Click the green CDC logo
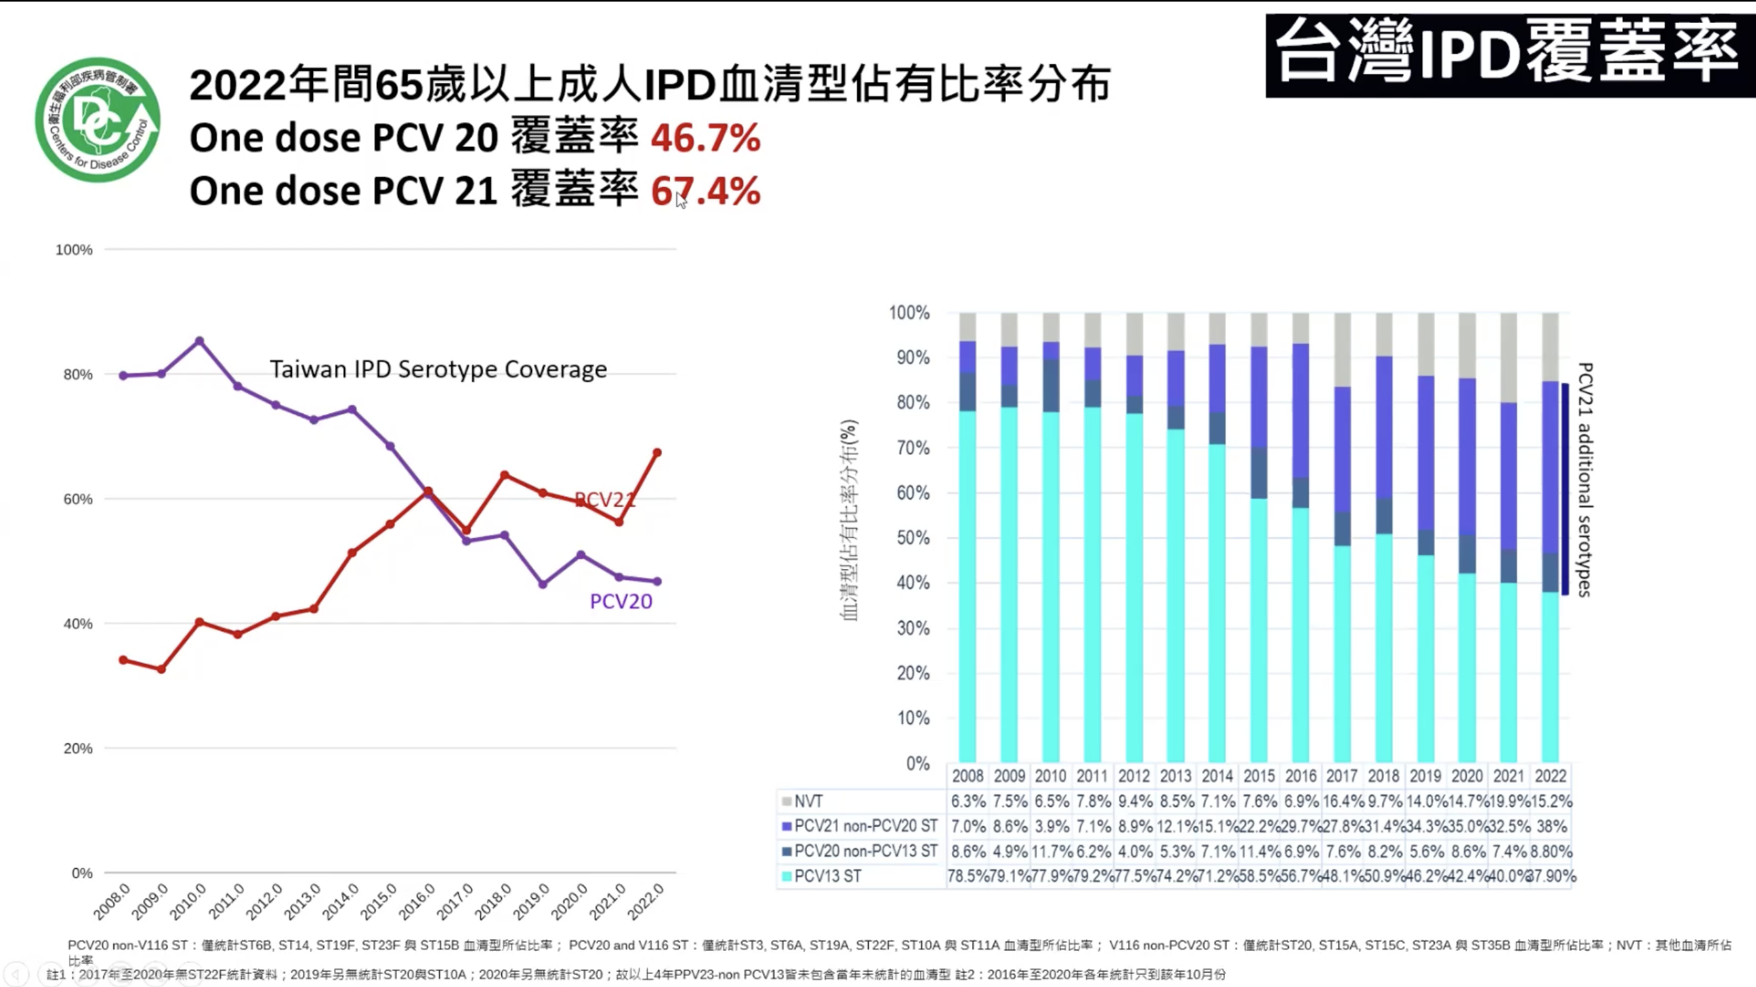point(98,120)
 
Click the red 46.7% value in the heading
point(705,138)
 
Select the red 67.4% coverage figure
point(705,191)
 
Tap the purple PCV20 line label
point(620,601)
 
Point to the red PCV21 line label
point(604,499)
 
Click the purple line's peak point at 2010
point(199,341)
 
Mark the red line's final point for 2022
point(657,453)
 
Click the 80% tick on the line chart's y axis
point(77,374)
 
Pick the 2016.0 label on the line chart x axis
point(417,901)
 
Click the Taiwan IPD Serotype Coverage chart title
point(438,369)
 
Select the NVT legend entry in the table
point(808,801)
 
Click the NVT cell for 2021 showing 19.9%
point(1508,801)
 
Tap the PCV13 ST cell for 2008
point(967,877)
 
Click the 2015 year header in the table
point(1259,776)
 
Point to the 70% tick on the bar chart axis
point(913,448)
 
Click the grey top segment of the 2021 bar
point(1509,357)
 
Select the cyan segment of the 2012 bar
point(1135,586)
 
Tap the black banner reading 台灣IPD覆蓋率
point(1510,55)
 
